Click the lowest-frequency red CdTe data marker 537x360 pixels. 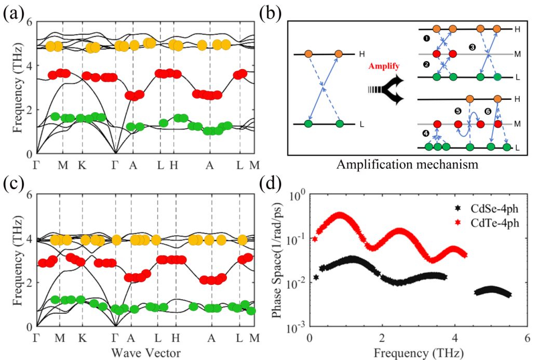coord(315,239)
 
